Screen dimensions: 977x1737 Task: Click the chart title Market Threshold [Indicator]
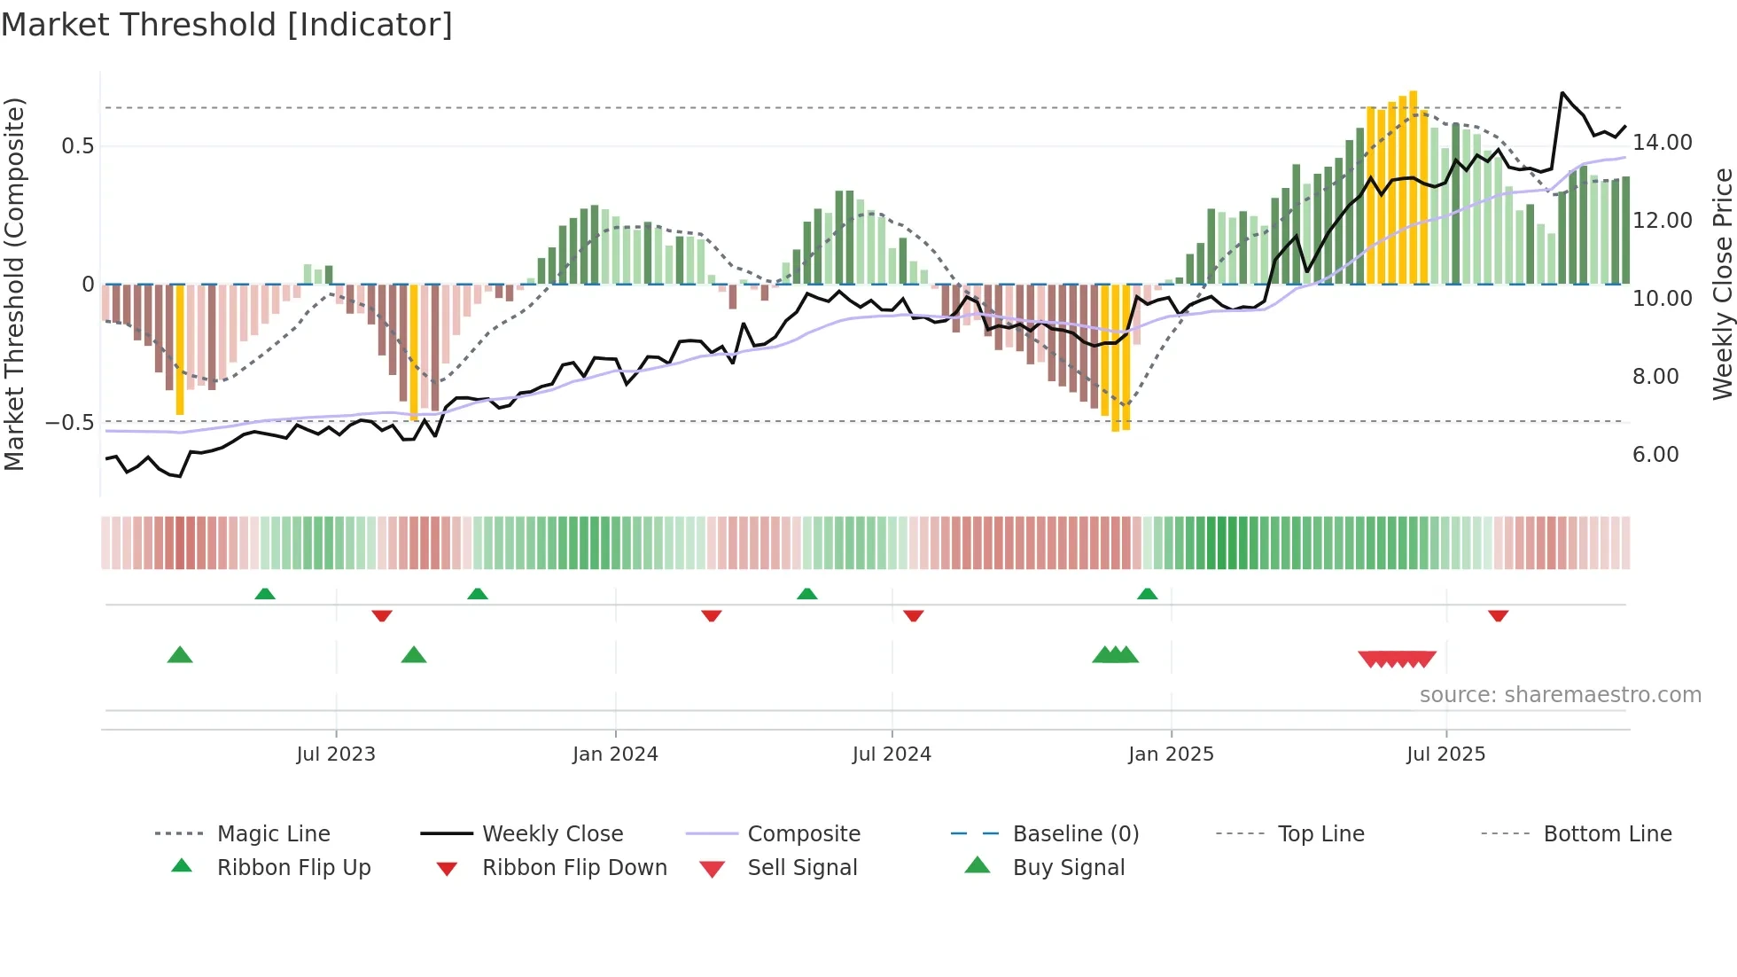(x=227, y=25)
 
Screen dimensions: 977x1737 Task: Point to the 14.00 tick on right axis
(x=1662, y=143)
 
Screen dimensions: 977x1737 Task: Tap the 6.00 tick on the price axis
(x=1655, y=455)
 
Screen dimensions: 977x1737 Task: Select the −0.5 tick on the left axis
(x=70, y=423)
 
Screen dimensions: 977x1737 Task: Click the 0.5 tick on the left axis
(x=77, y=146)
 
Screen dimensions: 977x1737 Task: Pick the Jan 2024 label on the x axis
(x=615, y=754)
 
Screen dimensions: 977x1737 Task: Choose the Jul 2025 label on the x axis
(x=1445, y=754)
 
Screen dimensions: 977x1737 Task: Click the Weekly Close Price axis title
(x=1722, y=284)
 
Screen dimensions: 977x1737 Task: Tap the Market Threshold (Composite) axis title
(x=15, y=284)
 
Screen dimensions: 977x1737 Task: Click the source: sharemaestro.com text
(x=1560, y=695)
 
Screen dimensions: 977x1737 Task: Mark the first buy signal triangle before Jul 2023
(x=180, y=655)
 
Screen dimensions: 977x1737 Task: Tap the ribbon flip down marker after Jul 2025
(x=1498, y=615)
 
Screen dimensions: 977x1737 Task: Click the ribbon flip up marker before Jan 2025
(x=1147, y=593)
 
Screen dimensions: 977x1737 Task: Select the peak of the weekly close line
(x=1562, y=93)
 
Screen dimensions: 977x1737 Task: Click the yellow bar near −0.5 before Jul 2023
(x=180, y=350)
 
